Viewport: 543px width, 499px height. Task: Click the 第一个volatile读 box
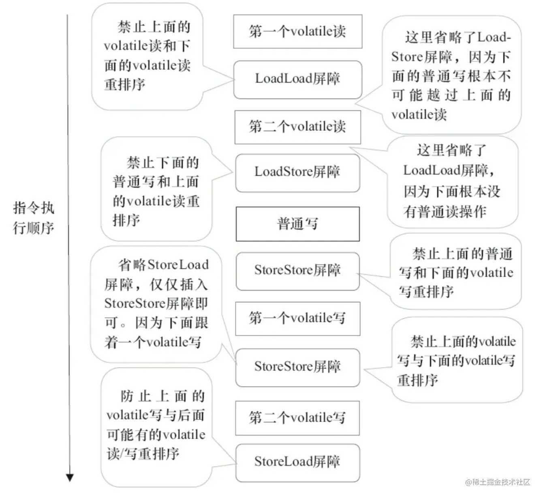click(x=297, y=31)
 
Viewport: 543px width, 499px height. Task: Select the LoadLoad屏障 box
click(x=297, y=79)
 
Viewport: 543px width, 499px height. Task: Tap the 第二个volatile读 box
click(x=297, y=127)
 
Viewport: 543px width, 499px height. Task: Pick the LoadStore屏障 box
click(x=297, y=172)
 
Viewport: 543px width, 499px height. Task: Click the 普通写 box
click(x=297, y=224)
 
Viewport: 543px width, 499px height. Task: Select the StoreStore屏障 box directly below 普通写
click(x=297, y=271)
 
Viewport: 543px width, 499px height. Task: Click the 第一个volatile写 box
click(x=297, y=318)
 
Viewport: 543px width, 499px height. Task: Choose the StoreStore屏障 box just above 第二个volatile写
click(x=297, y=367)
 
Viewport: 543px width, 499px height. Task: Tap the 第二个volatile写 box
click(x=297, y=417)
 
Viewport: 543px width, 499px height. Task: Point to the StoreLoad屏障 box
click(x=297, y=462)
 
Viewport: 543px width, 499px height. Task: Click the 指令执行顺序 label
click(x=33, y=218)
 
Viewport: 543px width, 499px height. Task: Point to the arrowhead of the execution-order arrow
click(x=70, y=477)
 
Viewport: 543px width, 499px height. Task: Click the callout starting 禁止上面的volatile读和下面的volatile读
click(x=147, y=56)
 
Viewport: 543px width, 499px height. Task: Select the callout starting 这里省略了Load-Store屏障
click(x=451, y=75)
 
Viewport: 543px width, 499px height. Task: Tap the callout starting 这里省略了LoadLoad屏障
click(x=452, y=181)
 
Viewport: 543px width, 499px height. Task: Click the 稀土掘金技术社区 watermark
click(x=498, y=482)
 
